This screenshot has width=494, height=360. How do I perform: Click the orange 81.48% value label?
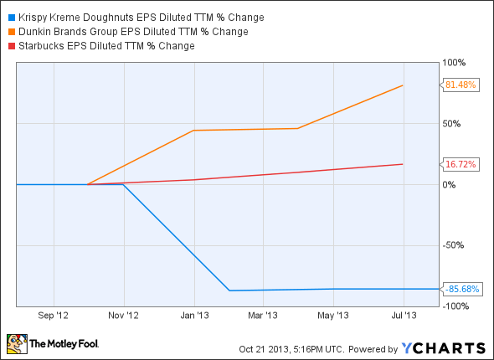coord(461,85)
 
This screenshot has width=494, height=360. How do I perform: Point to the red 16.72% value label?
coord(461,165)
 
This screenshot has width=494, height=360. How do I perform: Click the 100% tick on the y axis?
coord(454,63)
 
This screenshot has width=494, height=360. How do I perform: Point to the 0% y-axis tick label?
coord(449,185)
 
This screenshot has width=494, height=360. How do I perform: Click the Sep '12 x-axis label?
coord(53,316)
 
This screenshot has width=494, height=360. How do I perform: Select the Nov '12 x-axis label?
coord(124,316)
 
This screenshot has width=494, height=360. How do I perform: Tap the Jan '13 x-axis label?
coord(195,316)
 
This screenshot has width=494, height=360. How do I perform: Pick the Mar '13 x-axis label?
coord(265,316)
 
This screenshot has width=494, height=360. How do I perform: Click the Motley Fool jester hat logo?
coord(16,343)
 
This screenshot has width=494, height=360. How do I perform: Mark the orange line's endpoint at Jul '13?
coord(404,85)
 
